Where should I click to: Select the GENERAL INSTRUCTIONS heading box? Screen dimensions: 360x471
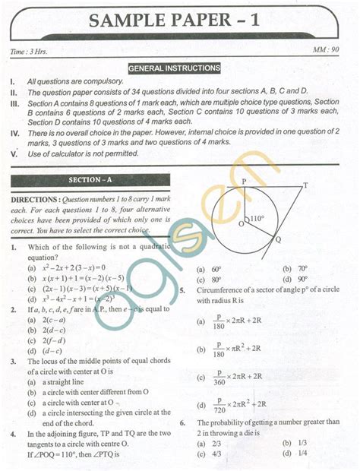click(175, 68)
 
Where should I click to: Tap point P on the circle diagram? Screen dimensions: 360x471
click(242, 182)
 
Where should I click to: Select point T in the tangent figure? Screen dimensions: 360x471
click(305, 185)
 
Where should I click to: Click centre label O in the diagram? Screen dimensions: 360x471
click(241, 224)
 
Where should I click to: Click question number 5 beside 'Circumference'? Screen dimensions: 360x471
click(182, 290)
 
